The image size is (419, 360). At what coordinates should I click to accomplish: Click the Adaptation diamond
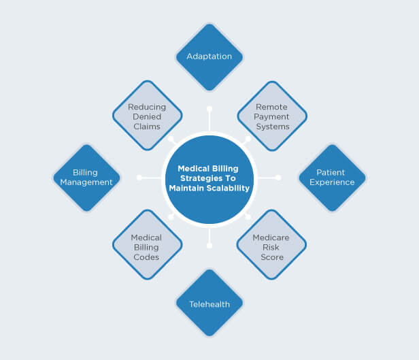[x=209, y=57]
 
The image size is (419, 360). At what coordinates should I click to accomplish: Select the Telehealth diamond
[x=209, y=303]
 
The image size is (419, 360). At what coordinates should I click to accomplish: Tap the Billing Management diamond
[x=86, y=178]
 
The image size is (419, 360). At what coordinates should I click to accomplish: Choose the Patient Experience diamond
[x=332, y=178]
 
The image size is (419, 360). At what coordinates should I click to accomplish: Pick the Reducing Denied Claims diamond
[x=148, y=116]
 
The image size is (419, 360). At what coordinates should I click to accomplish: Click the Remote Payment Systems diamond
[x=272, y=116]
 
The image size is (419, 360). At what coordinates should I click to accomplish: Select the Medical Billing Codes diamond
[x=148, y=244]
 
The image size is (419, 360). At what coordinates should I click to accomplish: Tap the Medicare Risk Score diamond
[x=271, y=244]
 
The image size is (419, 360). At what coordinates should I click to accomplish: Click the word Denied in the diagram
[x=147, y=117]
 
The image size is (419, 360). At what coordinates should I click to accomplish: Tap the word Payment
[x=271, y=117]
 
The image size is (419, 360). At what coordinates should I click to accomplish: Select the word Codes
[x=146, y=257]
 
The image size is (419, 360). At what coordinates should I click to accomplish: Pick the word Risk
[x=271, y=248]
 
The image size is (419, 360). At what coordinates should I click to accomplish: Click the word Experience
[x=332, y=182]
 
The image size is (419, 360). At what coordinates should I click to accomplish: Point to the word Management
[x=86, y=182]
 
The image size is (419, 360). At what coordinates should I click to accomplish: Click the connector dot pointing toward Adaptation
[x=209, y=109]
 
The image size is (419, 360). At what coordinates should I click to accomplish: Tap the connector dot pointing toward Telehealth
[x=209, y=246]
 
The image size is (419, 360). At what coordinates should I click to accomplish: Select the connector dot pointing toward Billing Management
[x=139, y=178]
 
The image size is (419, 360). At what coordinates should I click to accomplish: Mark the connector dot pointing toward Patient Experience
[x=278, y=178]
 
